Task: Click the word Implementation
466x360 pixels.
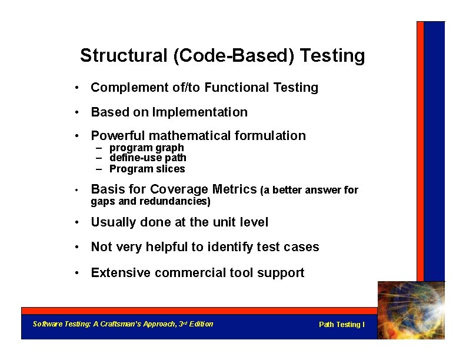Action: tap(200, 112)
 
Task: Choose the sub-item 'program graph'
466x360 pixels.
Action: tap(147, 148)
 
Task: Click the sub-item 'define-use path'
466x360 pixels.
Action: tap(148, 158)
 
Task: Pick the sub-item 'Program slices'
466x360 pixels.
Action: tap(147, 169)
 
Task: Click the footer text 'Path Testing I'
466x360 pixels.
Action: tap(341, 325)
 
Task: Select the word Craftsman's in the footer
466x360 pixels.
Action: tap(123, 324)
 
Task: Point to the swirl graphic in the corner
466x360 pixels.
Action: tap(411, 310)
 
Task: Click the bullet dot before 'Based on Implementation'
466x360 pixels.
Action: tap(77, 112)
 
